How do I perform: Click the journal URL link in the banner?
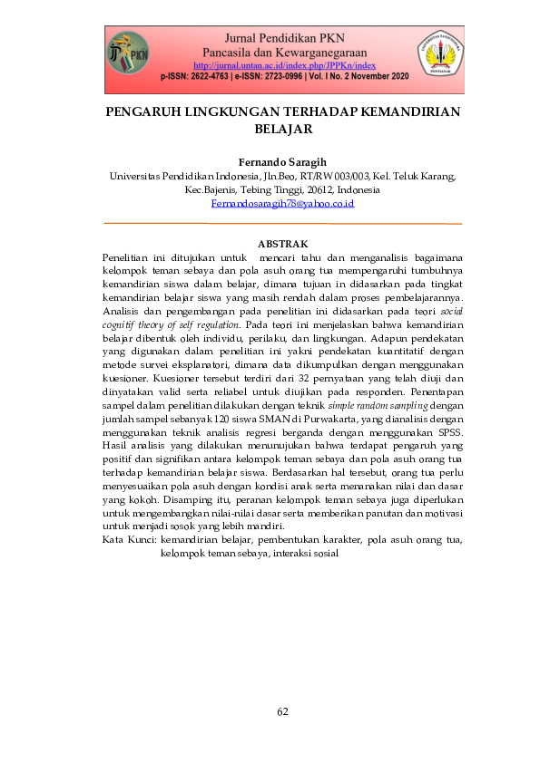click(x=285, y=65)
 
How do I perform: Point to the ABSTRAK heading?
click(x=283, y=244)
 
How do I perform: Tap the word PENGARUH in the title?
click(x=144, y=112)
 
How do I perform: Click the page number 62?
click(x=282, y=711)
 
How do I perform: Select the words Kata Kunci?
click(x=129, y=540)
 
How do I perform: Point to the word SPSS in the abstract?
click(x=448, y=433)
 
